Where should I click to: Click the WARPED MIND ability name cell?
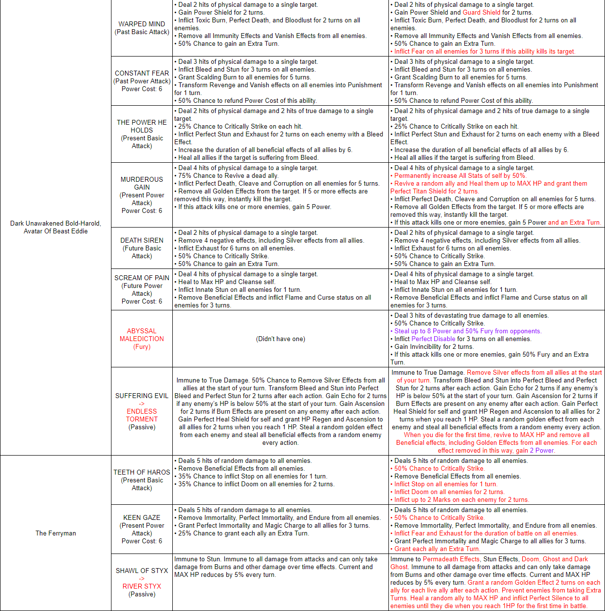[x=142, y=28]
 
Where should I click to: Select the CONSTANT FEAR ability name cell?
[x=142, y=81]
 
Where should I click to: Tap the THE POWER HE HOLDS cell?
[x=142, y=134]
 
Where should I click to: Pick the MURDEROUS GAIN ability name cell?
[x=142, y=195]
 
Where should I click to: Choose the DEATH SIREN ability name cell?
[x=142, y=248]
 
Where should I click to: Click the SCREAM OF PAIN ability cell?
[x=142, y=289]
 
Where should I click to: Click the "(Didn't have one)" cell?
[x=280, y=339]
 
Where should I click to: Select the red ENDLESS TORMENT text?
[x=142, y=415]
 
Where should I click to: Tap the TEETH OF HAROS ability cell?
[x=142, y=480]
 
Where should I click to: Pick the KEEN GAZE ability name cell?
[x=142, y=529]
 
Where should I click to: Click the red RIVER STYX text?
[x=142, y=586]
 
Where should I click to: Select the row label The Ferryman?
[x=55, y=533]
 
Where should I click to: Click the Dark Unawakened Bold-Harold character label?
[x=55, y=227]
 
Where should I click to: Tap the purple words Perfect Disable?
[x=433, y=339]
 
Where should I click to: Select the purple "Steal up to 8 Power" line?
[x=467, y=331]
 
